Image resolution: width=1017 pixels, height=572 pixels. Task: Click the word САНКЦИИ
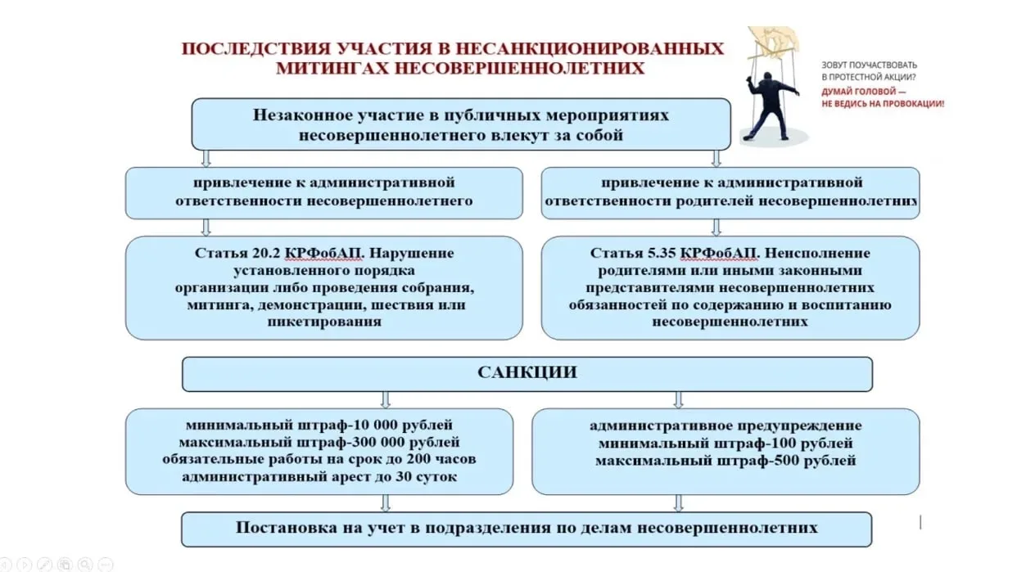(527, 373)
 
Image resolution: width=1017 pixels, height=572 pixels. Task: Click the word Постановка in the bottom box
(282, 528)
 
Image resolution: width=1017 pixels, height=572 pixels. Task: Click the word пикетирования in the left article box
(323, 322)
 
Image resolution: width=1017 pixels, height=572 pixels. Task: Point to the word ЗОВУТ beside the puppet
(836, 65)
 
